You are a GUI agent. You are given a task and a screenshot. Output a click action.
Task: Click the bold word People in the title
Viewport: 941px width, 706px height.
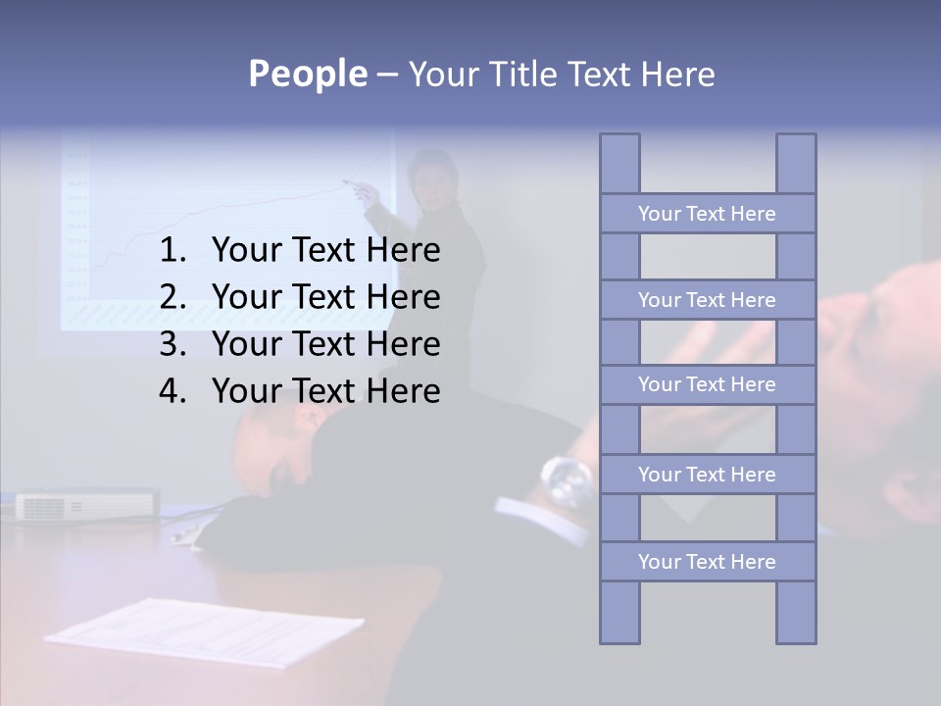tap(307, 75)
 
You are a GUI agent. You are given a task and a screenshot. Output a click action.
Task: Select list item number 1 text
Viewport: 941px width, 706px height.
tap(325, 251)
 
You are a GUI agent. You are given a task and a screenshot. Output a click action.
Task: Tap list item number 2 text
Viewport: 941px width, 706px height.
tap(325, 297)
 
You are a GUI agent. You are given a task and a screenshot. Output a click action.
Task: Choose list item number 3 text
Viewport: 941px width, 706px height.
tap(325, 344)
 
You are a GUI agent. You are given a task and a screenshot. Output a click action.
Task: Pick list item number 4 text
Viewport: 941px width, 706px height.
tap(325, 391)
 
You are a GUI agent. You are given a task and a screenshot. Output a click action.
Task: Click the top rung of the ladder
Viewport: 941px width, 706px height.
tap(707, 214)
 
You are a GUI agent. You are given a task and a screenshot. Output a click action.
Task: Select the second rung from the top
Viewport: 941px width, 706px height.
tap(707, 300)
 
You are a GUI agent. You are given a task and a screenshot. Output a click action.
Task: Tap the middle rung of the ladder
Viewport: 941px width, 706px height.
tap(707, 385)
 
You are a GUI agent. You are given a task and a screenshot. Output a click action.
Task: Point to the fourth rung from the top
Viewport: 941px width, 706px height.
tap(707, 475)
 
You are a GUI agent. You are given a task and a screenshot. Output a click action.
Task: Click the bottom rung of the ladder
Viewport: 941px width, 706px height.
tap(707, 562)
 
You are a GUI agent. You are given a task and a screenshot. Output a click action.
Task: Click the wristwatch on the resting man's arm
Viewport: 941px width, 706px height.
tap(568, 478)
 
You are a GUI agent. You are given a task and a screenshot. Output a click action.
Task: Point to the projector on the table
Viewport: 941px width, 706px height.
tap(86, 505)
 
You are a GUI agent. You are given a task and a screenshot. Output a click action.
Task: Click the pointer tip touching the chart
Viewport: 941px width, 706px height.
tap(345, 182)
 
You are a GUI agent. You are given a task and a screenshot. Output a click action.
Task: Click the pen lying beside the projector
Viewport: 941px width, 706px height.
tap(186, 532)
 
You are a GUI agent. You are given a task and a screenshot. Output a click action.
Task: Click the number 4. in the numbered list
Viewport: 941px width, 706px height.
tap(173, 391)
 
